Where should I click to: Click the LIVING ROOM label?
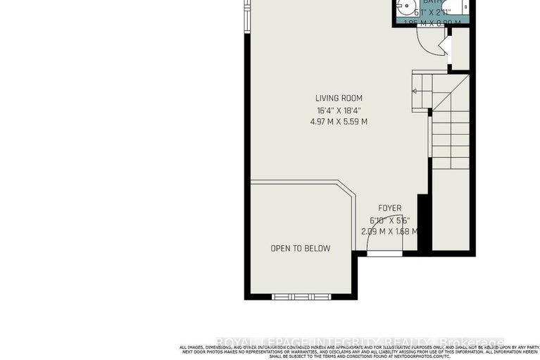(339, 99)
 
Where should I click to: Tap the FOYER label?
(389, 208)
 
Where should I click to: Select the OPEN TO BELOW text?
(301, 248)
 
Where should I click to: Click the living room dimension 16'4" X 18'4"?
(339, 111)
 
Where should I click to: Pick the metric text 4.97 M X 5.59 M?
(339, 122)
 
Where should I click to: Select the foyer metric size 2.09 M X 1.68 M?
(389, 231)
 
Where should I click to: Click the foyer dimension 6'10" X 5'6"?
(389, 220)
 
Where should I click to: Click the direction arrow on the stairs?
(415, 91)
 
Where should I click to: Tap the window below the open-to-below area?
(301, 296)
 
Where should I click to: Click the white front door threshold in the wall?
(384, 254)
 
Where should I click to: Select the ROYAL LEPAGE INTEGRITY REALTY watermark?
(359, 343)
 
